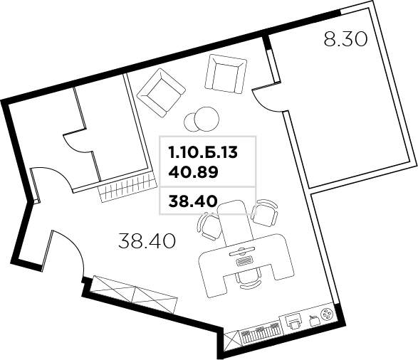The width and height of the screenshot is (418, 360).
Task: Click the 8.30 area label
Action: (345, 39)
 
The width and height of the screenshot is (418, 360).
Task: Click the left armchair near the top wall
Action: (162, 92)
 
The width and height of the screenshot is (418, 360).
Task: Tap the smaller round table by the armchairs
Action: (192, 122)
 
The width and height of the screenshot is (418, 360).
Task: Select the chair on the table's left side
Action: (210, 226)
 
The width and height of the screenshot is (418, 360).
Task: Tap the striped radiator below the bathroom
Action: (126, 189)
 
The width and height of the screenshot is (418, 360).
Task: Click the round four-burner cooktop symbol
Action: (326, 316)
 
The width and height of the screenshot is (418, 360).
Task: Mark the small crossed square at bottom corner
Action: (231, 340)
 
